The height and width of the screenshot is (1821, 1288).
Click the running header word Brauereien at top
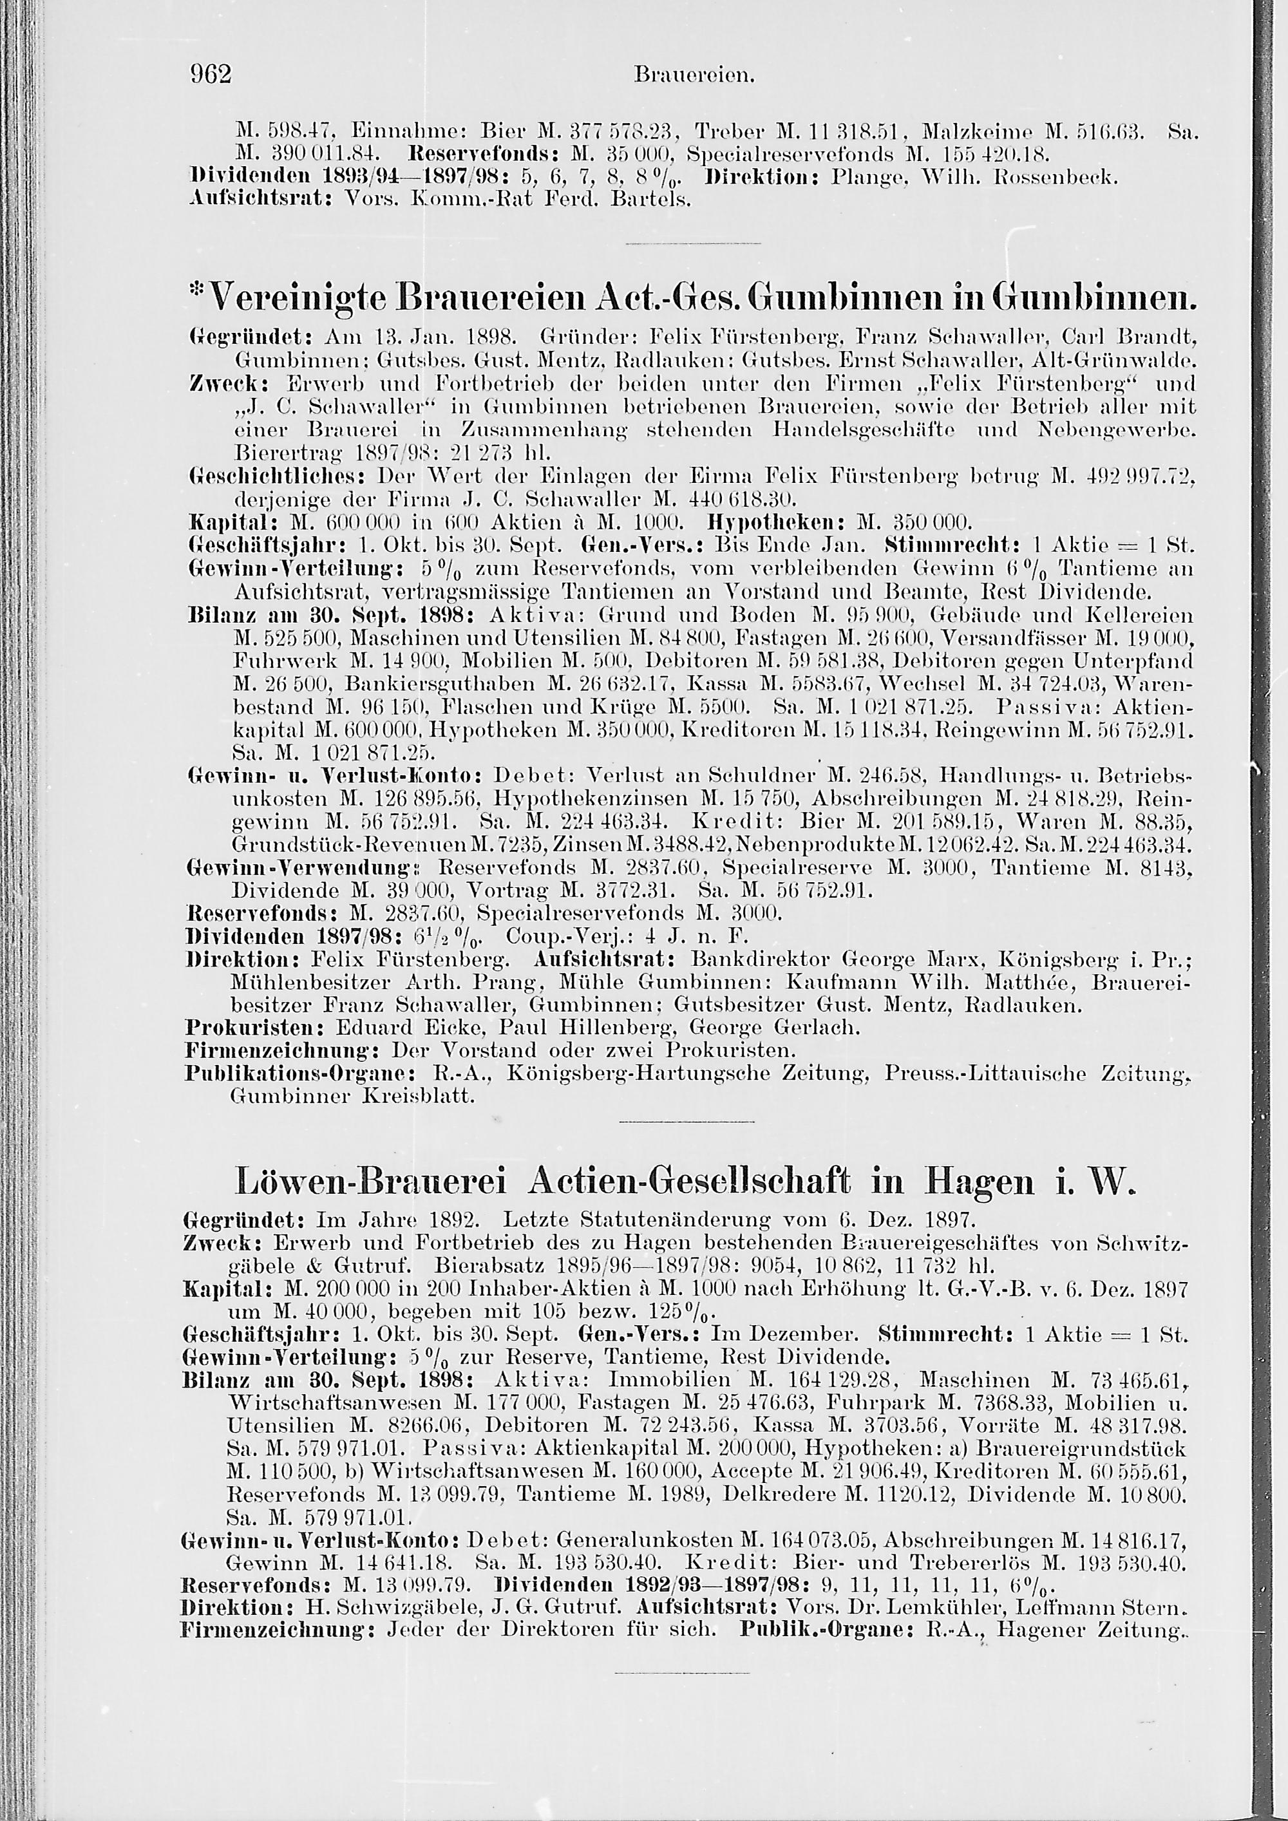(x=693, y=77)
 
